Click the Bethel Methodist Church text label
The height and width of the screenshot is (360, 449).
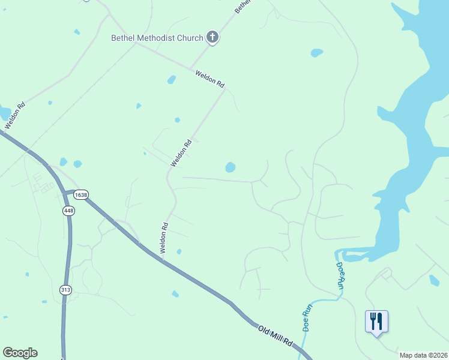pos(158,38)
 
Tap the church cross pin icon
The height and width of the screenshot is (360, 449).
pos(212,38)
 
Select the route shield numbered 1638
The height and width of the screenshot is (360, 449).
pos(81,195)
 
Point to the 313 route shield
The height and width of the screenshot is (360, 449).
pos(65,290)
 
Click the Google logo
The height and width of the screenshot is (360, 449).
pos(20,353)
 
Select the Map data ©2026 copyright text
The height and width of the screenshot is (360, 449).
pos(423,355)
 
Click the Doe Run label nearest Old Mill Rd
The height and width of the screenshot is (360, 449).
pos(307,319)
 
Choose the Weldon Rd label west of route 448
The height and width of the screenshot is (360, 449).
pos(15,116)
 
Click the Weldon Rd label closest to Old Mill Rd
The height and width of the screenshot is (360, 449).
pos(164,237)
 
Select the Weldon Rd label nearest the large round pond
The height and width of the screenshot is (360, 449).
pos(181,153)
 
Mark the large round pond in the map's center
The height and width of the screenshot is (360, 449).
pos(230,167)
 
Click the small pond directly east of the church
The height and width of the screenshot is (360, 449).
pos(316,53)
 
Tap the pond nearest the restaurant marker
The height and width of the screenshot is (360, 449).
pos(434,280)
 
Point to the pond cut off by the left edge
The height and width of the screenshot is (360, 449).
pos(5,113)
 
